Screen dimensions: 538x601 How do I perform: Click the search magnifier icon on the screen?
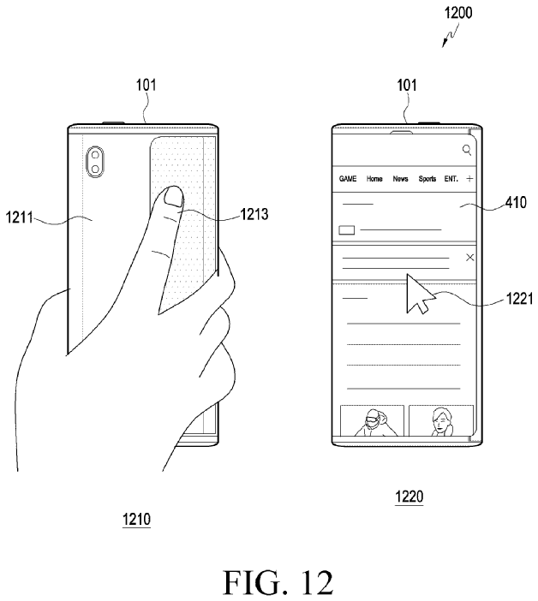[x=467, y=150]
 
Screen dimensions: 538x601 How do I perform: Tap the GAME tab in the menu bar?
[x=348, y=179]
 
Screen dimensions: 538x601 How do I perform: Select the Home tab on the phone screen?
[x=374, y=179]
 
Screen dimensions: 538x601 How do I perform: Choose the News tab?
[x=400, y=179]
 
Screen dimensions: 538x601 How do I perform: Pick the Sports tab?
[x=427, y=179]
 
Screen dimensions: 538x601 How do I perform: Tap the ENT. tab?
[x=451, y=179]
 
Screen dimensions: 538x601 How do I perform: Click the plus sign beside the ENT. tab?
[x=469, y=179]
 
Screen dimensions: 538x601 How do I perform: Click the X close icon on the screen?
[x=469, y=257]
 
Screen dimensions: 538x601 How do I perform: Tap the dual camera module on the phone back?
[x=95, y=162]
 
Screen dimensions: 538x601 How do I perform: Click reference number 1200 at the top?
[x=457, y=13]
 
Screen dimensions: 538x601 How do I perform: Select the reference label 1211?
[x=19, y=217]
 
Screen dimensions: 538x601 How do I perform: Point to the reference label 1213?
[x=254, y=214]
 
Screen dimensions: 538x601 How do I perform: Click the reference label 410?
[x=516, y=202]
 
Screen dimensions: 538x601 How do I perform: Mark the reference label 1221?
[x=520, y=298]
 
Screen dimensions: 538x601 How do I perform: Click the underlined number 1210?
[x=136, y=520]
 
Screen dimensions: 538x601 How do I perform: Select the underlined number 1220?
[x=409, y=497]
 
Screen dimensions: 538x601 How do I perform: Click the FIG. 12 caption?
[x=278, y=583]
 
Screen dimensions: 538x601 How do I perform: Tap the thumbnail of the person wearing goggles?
[x=372, y=420]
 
